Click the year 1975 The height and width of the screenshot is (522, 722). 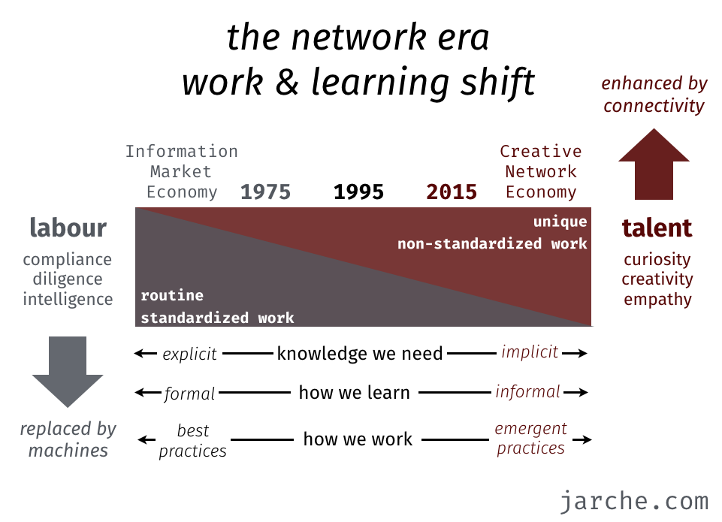coord(266,192)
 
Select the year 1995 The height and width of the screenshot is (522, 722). coord(358,192)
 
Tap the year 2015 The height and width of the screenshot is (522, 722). coord(452,192)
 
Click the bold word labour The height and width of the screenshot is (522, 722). coord(68,228)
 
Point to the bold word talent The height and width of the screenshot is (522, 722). coord(657,228)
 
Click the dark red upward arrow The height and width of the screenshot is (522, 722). coord(654,164)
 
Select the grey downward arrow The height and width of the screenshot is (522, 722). coord(68,372)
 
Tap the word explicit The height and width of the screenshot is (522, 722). coord(190,354)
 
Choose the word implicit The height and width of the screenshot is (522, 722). coord(530,352)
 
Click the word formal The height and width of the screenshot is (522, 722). coord(189,394)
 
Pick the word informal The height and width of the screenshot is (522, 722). coord(528,391)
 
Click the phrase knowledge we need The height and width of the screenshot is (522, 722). coord(360,354)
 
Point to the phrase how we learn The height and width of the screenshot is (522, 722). coord(354,393)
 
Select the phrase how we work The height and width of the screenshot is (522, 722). coord(358,439)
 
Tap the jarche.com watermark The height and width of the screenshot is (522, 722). coord(635,501)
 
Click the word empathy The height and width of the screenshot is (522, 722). coord(657,299)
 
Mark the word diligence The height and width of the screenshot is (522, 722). coord(68,279)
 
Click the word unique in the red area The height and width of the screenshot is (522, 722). coord(560,222)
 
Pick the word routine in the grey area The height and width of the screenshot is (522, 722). coord(172,295)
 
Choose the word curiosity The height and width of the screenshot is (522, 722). coord(657,260)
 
